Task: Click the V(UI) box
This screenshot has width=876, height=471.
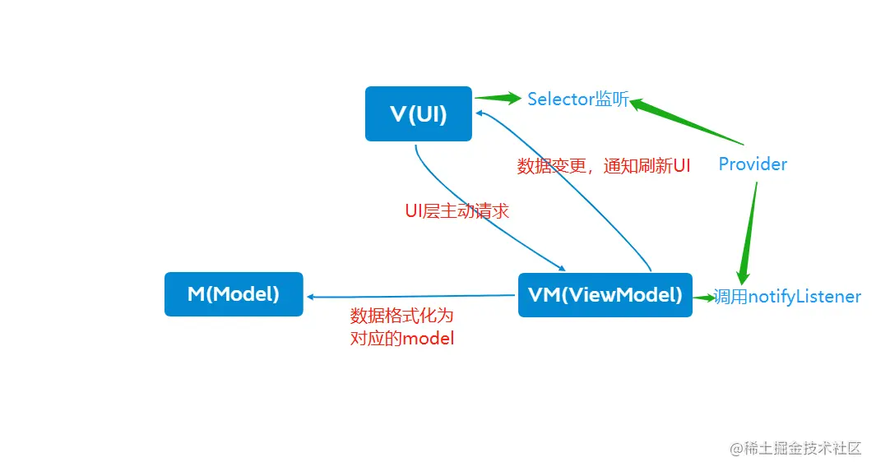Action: [x=418, y=113]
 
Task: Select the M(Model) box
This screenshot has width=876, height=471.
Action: [x=234, y=294]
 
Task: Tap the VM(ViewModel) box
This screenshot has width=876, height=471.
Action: [x=605, y=295]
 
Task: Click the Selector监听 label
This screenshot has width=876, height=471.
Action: [x=577, y=99]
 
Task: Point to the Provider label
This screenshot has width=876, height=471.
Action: [x=753, y=164]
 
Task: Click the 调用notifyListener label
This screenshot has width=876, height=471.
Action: [x=787, y=297]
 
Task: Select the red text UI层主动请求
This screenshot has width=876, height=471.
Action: [x=457, y=211]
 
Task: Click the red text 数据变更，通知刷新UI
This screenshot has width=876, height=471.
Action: [x=603, y=166]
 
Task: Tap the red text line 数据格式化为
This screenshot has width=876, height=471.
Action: [x=401, y=316]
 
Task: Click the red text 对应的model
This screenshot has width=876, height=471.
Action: [x=401, y=338]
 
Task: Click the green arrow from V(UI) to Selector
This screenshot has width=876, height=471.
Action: [x=498, y=99]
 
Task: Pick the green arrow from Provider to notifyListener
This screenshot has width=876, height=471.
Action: [x=748, y=233]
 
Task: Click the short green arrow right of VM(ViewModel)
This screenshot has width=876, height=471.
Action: [x=703, y=298]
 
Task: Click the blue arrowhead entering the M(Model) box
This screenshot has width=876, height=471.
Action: [x=311, y=298]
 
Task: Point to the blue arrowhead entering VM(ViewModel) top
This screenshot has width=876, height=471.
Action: [x=562, y=268]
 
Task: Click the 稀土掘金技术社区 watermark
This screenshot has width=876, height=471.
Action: [x=795, y=448]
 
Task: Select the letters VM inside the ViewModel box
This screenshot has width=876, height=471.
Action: [x=544, y=295]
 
